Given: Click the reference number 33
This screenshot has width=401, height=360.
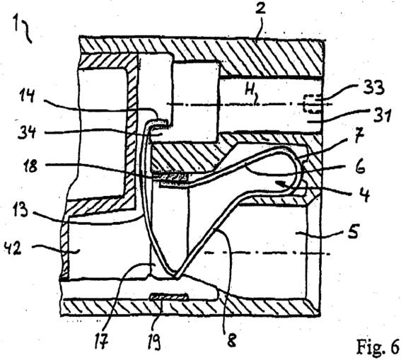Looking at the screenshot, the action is click(x=374, y=87).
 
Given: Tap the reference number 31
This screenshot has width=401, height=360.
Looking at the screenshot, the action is click(x=380, y=115).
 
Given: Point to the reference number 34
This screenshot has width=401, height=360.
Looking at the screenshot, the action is click(x=26, y=133).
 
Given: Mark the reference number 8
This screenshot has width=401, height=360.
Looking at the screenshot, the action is click(x=231, y=340).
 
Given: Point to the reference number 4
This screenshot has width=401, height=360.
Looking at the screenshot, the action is click(x=364, y=194).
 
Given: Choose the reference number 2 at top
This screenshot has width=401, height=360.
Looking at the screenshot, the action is click(x=261, y=8).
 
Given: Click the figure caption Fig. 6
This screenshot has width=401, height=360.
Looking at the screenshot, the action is click(x=378, y=347).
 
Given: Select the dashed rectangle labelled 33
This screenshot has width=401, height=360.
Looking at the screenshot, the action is click(x=311, y=104).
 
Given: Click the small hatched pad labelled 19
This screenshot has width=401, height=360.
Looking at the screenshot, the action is click(x=169, y=296).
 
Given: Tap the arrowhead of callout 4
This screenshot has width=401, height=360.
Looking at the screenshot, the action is click(x=279, y=182).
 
